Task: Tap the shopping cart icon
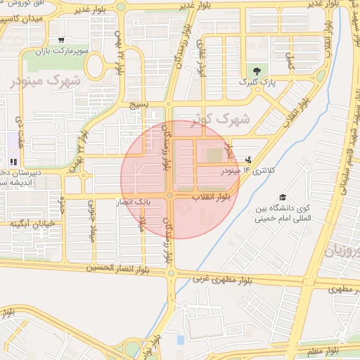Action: [x=63, y=41]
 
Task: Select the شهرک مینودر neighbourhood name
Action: [x=46, y=80]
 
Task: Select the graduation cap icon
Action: [x=282, y=198]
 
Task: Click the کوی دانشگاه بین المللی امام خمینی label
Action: [x=284, y=214]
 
